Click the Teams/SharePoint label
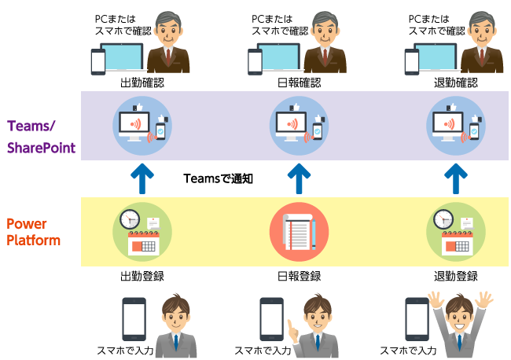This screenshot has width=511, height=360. point(41,136)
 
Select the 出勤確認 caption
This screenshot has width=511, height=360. point(142,83)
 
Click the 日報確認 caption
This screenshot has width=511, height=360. point(300,83)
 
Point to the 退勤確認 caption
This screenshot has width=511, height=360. point(455,83)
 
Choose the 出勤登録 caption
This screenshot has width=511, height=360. point(142,277)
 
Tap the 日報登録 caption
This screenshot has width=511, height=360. point(300,277)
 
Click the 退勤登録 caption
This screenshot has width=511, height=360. point(455,277)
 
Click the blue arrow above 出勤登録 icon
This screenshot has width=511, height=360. point(142,178)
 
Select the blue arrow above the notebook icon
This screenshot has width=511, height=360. point(300,178)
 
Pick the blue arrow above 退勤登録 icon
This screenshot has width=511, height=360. point(455,178)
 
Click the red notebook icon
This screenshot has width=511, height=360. point(299,232)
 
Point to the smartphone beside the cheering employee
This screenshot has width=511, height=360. point(416,319)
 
